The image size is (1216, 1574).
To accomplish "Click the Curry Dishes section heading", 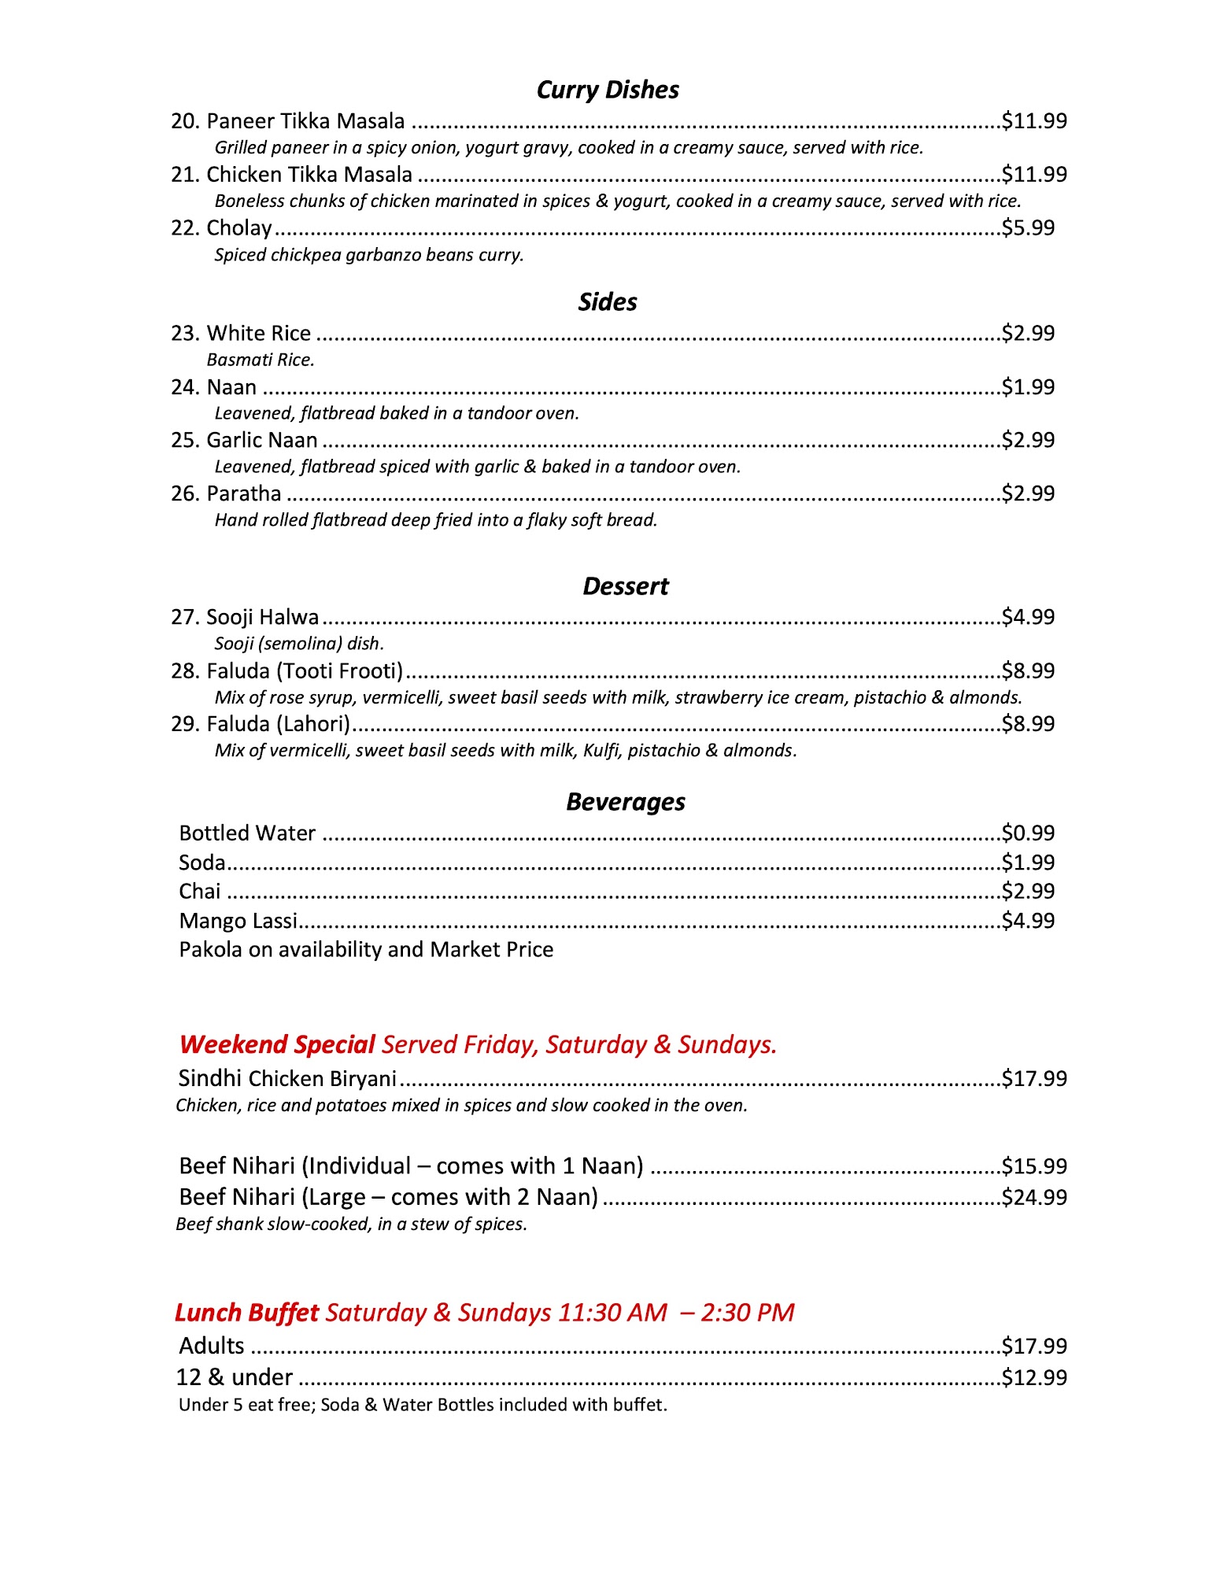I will (x=607, y=91).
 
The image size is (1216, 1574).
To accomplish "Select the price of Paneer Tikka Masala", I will (x=1034, y=121).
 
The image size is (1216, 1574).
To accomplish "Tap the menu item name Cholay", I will (x=238, y=228).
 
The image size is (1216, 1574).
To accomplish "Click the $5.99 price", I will (x=1028, y=228).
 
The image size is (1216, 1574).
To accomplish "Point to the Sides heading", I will (x=607, y=302).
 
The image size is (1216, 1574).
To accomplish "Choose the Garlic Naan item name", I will (x=261, y=440).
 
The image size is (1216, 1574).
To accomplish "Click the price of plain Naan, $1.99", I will (x=1028, y=387).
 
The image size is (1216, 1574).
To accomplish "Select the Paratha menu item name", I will (x=243, y=493).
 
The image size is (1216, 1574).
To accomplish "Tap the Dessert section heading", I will (x=625, y=587).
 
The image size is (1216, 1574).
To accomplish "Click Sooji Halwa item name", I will (x=262, y=618).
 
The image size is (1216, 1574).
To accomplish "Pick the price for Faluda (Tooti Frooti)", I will (x=1028, y=671).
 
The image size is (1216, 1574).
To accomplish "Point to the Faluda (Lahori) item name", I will (x=278, y=724).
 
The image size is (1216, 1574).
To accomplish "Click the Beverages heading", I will (x=625, y=802).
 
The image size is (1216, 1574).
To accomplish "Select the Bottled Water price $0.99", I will (x=1028, y=833).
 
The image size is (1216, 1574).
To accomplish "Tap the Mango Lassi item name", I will (x=238, y=921).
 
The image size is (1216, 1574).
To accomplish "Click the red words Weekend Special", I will (x=276, y=1045).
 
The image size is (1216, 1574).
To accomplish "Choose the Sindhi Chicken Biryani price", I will (x=1034, y=1078).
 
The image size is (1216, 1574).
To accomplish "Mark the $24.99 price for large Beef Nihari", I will (x=1034, y=1197).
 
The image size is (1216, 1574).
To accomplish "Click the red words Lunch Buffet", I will (x=246, y=1313).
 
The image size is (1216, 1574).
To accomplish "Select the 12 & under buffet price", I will (x=1034, y=1377).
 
